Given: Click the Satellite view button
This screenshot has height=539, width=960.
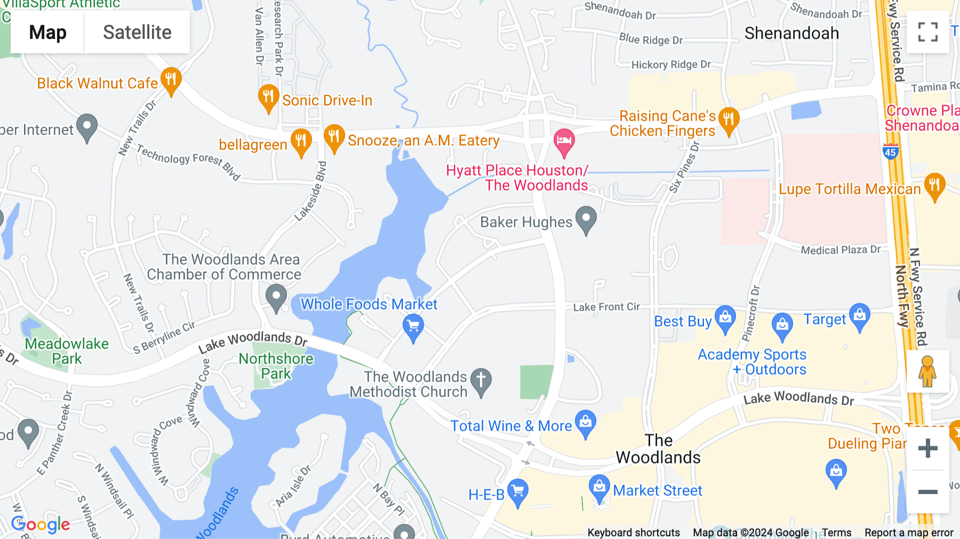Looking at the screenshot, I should coord(137,33).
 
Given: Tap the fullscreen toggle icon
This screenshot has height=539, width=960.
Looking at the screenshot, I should coord(927,32).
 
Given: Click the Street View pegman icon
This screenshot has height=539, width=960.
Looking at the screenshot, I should coord(927,371).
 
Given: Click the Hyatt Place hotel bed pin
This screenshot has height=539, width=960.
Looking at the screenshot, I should coord(564,141).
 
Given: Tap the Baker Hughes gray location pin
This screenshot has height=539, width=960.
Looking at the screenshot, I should coord(586,219).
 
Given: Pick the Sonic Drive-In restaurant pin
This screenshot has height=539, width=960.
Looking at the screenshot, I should coord(268,97).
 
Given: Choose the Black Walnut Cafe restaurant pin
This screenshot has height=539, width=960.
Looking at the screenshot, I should coord(171,80).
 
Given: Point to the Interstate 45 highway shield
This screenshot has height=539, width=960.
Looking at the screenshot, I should coord(890,152).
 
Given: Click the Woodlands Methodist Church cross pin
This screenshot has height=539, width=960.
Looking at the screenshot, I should coord(481,381).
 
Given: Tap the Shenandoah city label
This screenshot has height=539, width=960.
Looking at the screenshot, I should coord(791,34).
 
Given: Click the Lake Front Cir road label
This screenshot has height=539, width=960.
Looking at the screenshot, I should coord(606,307).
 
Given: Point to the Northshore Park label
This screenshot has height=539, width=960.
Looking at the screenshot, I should coord(276,366).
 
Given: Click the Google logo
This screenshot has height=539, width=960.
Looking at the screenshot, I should coord(41,525).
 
